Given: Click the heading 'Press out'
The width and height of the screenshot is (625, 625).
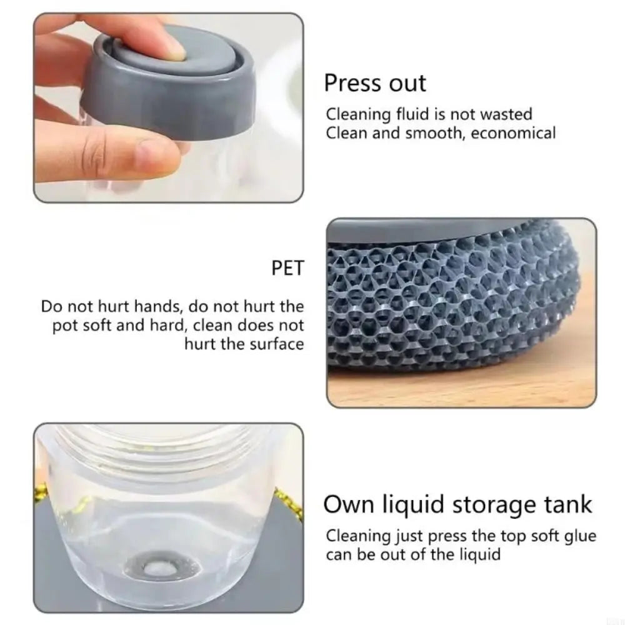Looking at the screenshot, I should pyautogui.click(x=375, y=84).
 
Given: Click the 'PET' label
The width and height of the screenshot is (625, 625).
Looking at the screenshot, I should pyautogui.click(x=287, y=269).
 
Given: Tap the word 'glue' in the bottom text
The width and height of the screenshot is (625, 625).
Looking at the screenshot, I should pyautogui.click(x=578, y=536).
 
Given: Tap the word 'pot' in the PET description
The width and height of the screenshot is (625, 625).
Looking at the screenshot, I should pyautogui.click(x=64, y=326).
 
